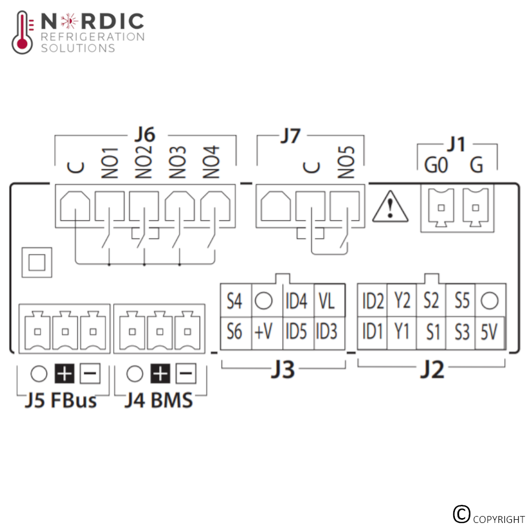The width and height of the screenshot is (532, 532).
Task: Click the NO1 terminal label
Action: (x=110, y=163)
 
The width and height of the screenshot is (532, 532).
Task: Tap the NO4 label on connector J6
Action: (x=211, y=162)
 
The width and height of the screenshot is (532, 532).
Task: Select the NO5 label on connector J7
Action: (x=346, y=162)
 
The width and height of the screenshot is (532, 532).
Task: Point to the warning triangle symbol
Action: (x=390, y=206)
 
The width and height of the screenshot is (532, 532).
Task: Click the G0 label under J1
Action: (x=436, y=165)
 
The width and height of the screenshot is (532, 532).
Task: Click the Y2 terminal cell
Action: (x=402, y=301)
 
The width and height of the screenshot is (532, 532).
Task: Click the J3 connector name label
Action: (x=283, y=369)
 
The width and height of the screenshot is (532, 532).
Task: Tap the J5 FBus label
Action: (x=61, y=400)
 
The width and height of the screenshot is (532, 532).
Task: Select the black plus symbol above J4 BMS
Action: (x=161, y=373)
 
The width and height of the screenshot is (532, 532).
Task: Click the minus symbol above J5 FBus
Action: (x=90, y=373)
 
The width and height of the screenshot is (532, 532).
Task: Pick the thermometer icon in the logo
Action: (x=22, y=32)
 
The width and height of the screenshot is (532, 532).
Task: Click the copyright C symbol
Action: (x=461, y=514)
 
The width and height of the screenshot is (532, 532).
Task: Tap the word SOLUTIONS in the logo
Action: (x=78, y=48)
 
